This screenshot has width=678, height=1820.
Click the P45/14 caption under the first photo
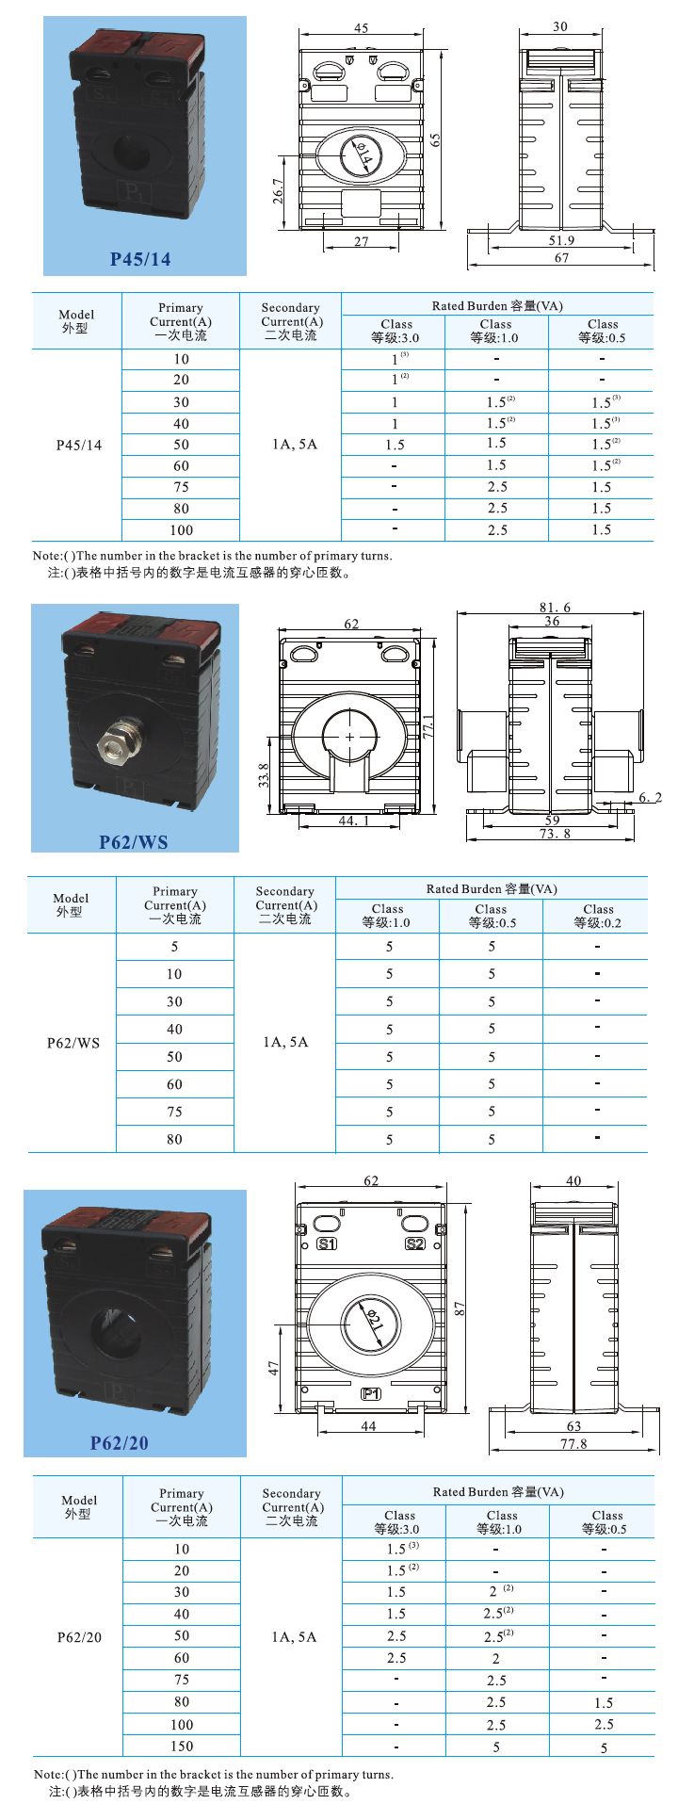pos(140,258)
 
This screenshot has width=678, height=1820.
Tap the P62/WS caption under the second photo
pos(134,841)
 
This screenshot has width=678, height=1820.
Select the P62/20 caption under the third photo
pos(120,1442)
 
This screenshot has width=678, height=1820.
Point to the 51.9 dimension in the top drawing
pos(561,241)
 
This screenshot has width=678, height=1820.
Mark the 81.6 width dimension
pos(555,608)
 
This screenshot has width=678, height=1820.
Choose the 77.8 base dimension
pos(573,1443)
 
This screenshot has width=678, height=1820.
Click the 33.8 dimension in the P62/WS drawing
pos(265,774)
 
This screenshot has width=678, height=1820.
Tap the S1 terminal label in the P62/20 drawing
pos(327,1244)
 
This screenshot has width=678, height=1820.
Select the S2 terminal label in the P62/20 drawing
pos(414,1244)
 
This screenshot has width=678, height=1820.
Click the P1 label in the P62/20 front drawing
pos(370,1393)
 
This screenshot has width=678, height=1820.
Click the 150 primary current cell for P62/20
pos(182,1746)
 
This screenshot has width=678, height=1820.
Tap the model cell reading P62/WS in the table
pos(73,1043)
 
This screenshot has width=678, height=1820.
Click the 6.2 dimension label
pos(650,798)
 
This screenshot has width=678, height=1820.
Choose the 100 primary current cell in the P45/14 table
pos(181,530)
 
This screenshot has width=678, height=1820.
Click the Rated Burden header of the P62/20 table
pos(498,1491)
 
